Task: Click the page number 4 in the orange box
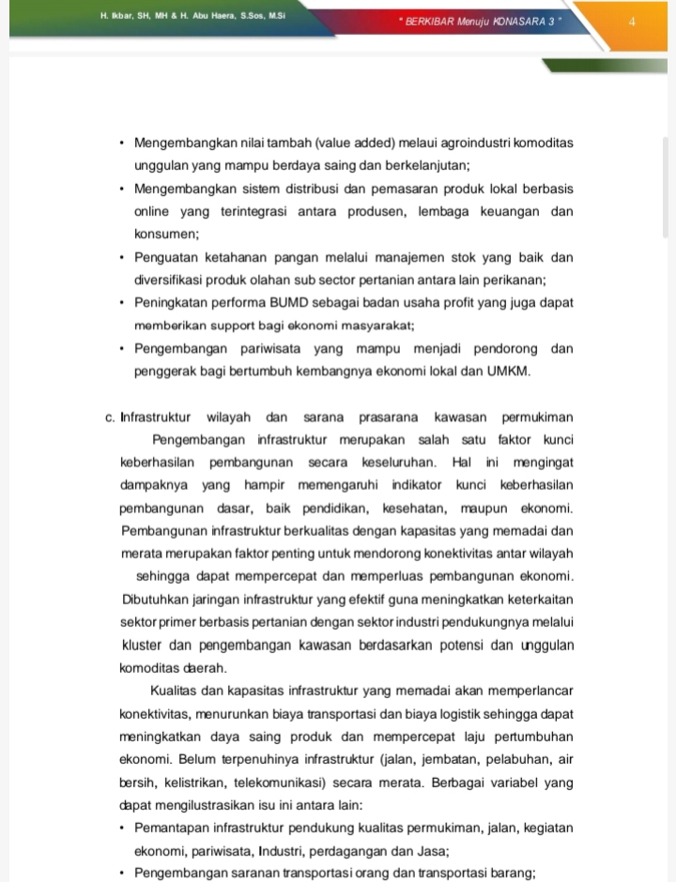[633, 20]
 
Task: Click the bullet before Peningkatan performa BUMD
[123, 303]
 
